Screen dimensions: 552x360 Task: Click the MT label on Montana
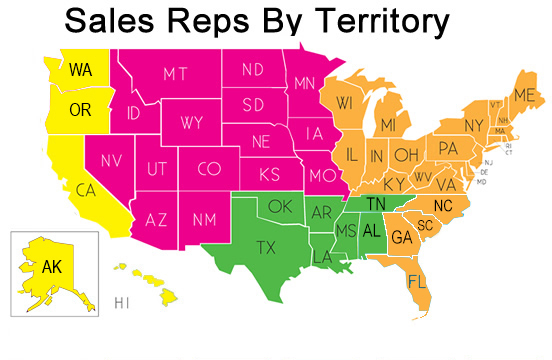[175, 74]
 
